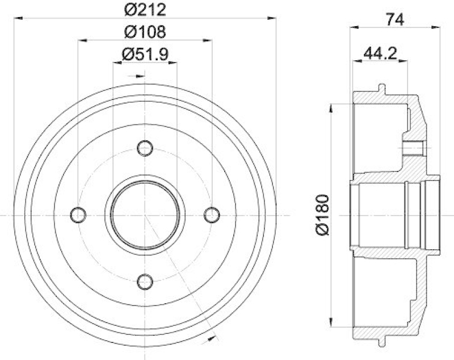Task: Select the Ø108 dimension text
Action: pos(145,32)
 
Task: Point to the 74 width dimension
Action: pos(396,19)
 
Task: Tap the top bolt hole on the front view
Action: pos(145,149)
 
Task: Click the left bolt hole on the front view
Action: pos(79,214)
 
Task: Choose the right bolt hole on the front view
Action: pos(212,214)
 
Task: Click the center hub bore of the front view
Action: pos(145,215)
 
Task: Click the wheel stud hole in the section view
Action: pos(414,149)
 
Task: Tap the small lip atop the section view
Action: pos(381,89)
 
